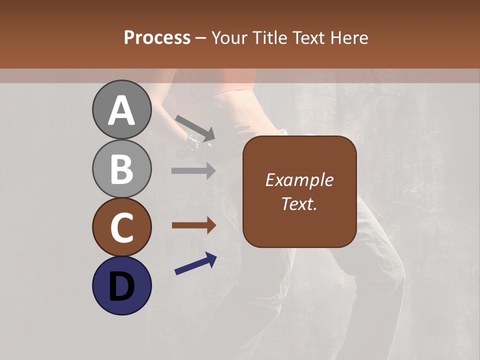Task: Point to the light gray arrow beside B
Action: coord(193,170)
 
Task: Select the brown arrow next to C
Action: coord(193,225)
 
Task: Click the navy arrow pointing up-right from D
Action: coord(195,263)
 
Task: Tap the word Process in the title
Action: coord(157,38)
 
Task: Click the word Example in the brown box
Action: coord(299,180)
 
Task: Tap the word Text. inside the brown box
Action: coord(299,204)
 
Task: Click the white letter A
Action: coord(121,111)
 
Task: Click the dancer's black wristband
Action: coord(192,141)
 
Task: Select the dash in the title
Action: coord(201,38)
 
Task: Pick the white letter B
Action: coord(121,169)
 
